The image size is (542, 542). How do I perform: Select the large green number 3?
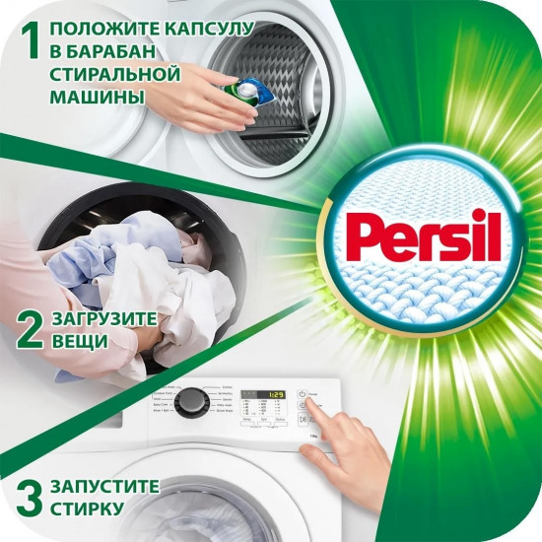coord(27,497)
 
